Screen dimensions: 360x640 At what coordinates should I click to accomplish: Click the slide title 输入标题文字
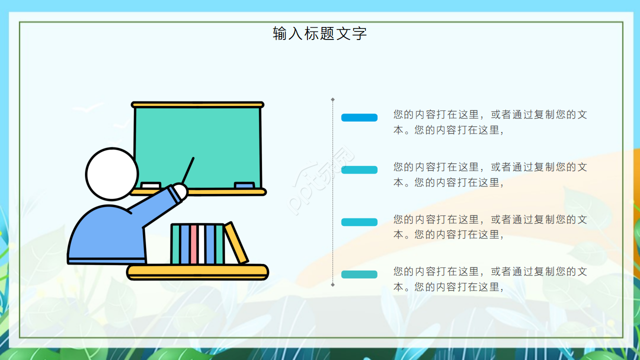[320, 33]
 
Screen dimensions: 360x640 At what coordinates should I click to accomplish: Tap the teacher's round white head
[111, 174]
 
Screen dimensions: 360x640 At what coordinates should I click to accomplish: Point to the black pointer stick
[188, 170]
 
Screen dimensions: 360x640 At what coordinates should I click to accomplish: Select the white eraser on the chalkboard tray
[150, 185]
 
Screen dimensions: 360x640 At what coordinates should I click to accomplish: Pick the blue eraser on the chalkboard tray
[244, 185]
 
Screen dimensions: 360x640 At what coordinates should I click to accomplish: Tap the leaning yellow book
[236, 243]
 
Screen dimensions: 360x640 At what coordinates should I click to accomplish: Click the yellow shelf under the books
[197, 272]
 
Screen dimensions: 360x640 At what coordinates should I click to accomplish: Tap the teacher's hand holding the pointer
[179, 191]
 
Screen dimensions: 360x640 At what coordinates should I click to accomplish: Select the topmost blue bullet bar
[359, 117]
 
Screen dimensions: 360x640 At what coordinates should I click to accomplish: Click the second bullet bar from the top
[359, 170]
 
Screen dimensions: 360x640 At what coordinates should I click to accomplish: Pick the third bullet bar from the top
[359, 222]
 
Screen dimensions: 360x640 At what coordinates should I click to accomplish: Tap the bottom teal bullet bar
[359, 274]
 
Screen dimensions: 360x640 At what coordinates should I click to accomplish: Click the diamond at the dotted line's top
[332, 99]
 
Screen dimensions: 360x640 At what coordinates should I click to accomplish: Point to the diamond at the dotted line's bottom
[332, 284]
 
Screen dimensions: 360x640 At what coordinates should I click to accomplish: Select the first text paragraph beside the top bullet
[490, 122]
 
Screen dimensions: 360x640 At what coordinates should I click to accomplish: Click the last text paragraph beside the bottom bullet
[490, 279]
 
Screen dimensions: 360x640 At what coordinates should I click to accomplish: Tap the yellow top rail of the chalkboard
[197, 105]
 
